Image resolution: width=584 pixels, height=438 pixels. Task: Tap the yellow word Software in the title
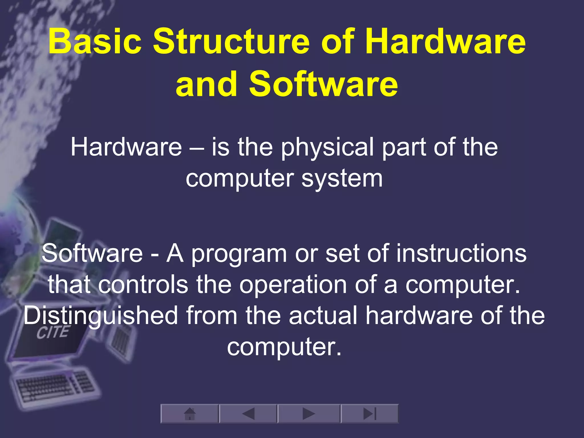click(x=323, y=84)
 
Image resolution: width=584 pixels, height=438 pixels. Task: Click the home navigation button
click(x=190, y=413)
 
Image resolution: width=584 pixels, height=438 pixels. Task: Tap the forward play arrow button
click(x=309, y=413)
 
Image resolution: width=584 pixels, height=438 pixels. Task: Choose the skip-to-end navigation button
click(x=370, y=413)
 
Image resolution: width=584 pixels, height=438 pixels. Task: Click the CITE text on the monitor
click(x=53, y=332)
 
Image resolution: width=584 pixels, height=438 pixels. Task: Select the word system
click(x=342, y=179)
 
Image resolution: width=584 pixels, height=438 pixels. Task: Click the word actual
click(x=323, y=316)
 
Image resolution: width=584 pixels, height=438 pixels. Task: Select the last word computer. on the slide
click(x=284, y=347)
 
